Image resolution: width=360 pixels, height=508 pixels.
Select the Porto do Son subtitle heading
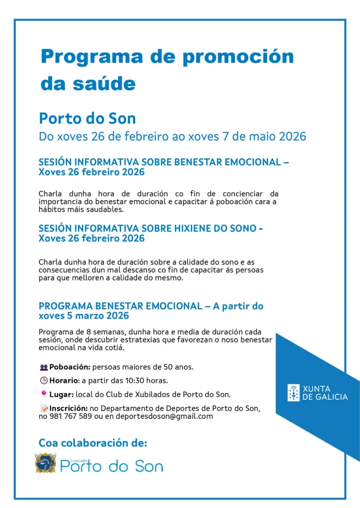(x=87, y=119)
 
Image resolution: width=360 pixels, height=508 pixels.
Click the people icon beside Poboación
(x=44, y=368)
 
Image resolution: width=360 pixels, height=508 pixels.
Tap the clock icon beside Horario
(x=44, y=381)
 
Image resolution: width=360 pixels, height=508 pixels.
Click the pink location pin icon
(x=44, y=394)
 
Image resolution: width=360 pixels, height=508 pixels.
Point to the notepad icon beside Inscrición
(x=44, y=408)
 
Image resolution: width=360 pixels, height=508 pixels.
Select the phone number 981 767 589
(x=70, y=417)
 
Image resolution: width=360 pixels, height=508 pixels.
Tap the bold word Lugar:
(x=62, y=395)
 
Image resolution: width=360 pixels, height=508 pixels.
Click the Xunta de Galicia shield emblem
(x=294, y=392)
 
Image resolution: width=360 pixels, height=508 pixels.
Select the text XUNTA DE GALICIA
(x=325, y=392)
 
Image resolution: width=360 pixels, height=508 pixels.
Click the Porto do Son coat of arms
(x=46, y=463)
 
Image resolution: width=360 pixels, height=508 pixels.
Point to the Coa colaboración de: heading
(x=93, y=443)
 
